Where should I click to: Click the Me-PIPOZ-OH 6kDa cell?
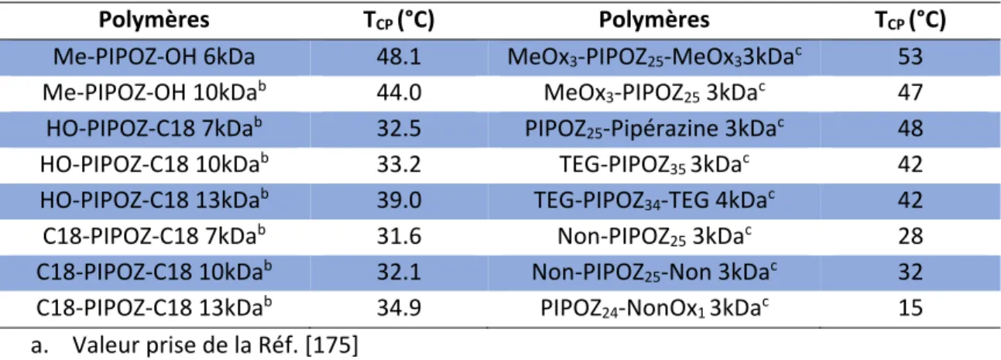(154, 57)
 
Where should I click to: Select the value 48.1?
(399, 57)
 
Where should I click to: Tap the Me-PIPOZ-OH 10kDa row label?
(154, 92)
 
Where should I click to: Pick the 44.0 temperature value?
(399, 93)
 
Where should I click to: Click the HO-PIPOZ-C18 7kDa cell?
(154, 128)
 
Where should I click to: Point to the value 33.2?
(399, 164)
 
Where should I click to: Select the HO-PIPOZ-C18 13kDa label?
(154, 199)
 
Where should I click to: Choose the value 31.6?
(399, 236)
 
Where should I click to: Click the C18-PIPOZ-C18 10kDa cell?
(154, 271)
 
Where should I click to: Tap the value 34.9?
(399, 308)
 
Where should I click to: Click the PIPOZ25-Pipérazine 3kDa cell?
(654, 129)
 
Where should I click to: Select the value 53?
(910, 57)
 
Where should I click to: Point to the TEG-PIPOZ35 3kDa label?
(654, 164)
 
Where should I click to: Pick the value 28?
(910, 236)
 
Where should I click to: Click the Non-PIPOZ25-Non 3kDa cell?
(654, 272)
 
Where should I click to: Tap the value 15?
(910, 308)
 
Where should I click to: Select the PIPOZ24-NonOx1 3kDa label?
(654, 308)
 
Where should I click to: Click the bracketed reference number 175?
(331, 345)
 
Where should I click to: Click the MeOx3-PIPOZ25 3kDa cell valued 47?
(654, 92)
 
